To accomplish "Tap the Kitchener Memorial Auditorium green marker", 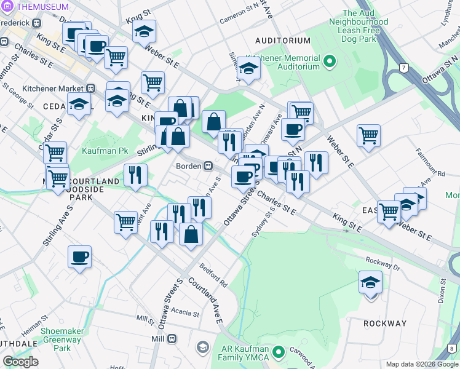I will tap(329, 61).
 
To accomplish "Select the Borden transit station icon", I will tap(208, 166).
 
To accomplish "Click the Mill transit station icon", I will tap(173, 339).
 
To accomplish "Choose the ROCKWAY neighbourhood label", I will tap(385, 323).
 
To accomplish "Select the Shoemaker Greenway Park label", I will tap(62, 339).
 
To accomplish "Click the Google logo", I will tap(20, 362).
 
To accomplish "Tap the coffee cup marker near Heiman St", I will tap(80, 257).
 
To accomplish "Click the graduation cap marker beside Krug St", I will tap(145, 31).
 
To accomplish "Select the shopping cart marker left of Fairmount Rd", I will tap(368, 135).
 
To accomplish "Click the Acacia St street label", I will tap(186, 313).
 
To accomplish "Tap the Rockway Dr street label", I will tap(382, 263).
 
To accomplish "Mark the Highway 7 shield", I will tap(403, 66).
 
